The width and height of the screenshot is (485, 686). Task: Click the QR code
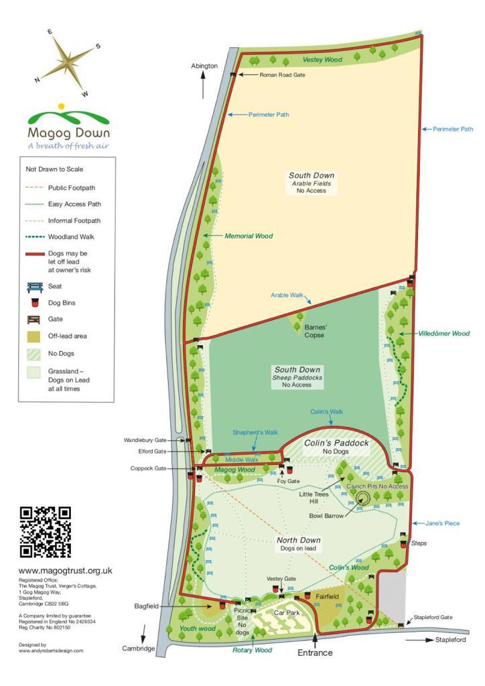(x=46, y=532)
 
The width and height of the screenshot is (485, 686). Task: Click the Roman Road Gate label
(x=282, y=75)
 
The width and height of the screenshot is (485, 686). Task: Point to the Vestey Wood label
(x=322, y=60)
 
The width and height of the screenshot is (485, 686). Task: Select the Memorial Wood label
(x=249, y=236)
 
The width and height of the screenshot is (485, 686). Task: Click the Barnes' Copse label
(x=315, y=331)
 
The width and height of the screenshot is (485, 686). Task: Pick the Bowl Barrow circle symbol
(x=363, y=497)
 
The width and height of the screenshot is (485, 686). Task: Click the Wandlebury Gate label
(x=144, y=441)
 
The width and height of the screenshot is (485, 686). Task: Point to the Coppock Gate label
(x=149, y=468)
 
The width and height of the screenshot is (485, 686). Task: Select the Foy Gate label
(x=289, y=480)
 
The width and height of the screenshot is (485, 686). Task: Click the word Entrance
(x=314, y=652)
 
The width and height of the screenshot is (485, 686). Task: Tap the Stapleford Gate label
(x=433, y=616)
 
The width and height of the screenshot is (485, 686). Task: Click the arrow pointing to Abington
(x=204, y=86)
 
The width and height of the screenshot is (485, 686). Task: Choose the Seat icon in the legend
(x=34, y=287)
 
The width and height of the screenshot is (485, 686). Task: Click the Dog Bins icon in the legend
(x=34, y=303)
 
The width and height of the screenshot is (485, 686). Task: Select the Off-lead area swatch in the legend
(x=34, y=336)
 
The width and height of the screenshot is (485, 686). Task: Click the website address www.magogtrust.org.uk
(x=65, y=570)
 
